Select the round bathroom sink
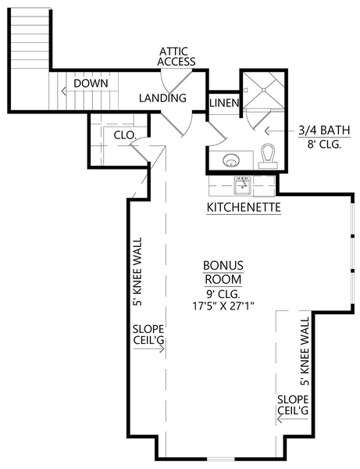230,161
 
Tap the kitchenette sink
242,186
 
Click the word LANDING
162,98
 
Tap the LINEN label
223,103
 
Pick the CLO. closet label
124,134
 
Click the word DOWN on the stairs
91,83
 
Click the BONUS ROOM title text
223,272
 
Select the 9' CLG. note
223,294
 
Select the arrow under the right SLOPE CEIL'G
290,420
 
